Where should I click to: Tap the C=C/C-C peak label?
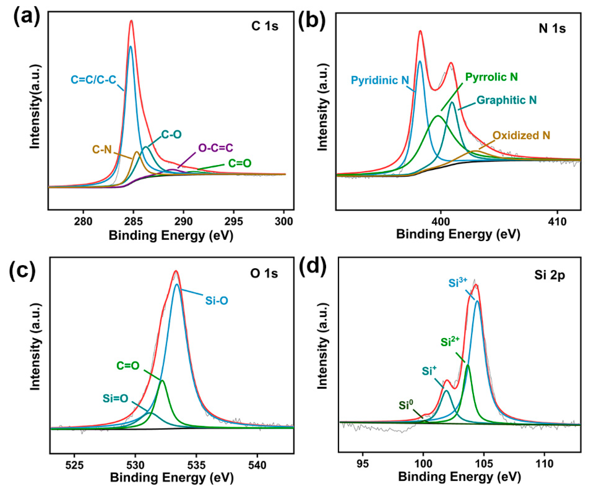click(93, 80)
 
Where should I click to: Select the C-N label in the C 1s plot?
click(102, 149)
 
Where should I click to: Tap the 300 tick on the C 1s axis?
click(284, 221)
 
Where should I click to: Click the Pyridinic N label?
click(380, 80)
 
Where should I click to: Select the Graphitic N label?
click(507, 100)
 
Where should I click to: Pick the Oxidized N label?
click(521, 135)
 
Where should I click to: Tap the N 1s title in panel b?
click(552, 29)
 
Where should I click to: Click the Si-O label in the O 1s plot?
click(217, 301)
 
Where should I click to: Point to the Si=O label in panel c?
click(115, 398)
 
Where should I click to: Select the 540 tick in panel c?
click(257, 465)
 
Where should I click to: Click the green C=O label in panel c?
click(128, 366)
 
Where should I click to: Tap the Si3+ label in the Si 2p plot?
click(458, 283)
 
